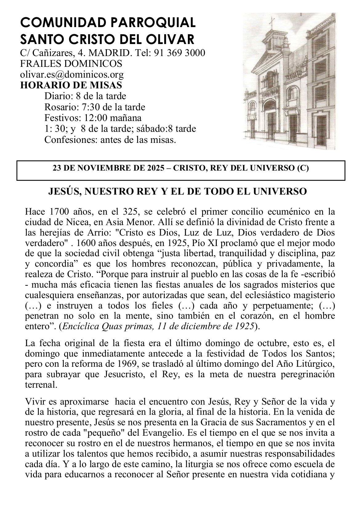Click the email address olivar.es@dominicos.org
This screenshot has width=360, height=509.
(x=72, y=74)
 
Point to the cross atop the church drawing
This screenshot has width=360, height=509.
(x=272, y=21)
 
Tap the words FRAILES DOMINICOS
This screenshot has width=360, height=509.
(x=71, y=64)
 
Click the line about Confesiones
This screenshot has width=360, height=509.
(x=110, y=139)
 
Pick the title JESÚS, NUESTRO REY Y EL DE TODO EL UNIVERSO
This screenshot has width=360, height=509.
(x=178, y=191)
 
